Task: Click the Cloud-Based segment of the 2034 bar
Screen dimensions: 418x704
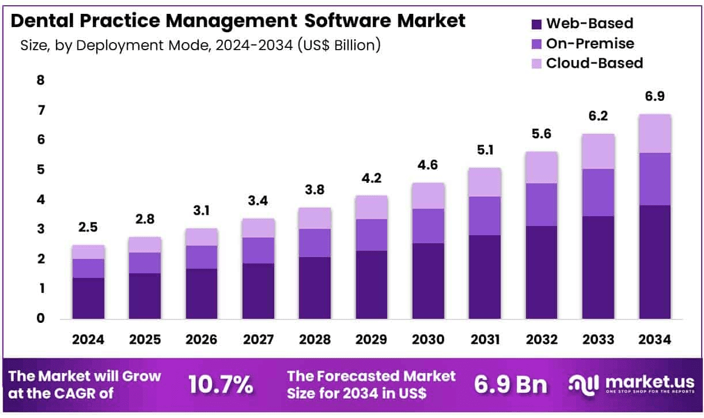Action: click(655, 133)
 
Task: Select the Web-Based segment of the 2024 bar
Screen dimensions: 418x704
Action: click(88, 298)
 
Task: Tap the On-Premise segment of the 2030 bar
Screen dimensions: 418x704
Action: click(428, 225)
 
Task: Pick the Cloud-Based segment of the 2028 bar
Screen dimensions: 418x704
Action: click(315, 218)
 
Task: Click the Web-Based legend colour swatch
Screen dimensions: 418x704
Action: click(536, 24)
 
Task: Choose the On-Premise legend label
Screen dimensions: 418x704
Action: click(590, 43)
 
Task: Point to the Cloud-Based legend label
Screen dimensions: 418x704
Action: click(594, 63)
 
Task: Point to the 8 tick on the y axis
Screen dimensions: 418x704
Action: click(40, 80)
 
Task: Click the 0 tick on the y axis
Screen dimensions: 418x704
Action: click(40, 318)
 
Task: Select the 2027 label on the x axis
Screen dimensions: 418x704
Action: click(258, 340)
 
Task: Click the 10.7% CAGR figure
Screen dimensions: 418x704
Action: click(221, 385)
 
